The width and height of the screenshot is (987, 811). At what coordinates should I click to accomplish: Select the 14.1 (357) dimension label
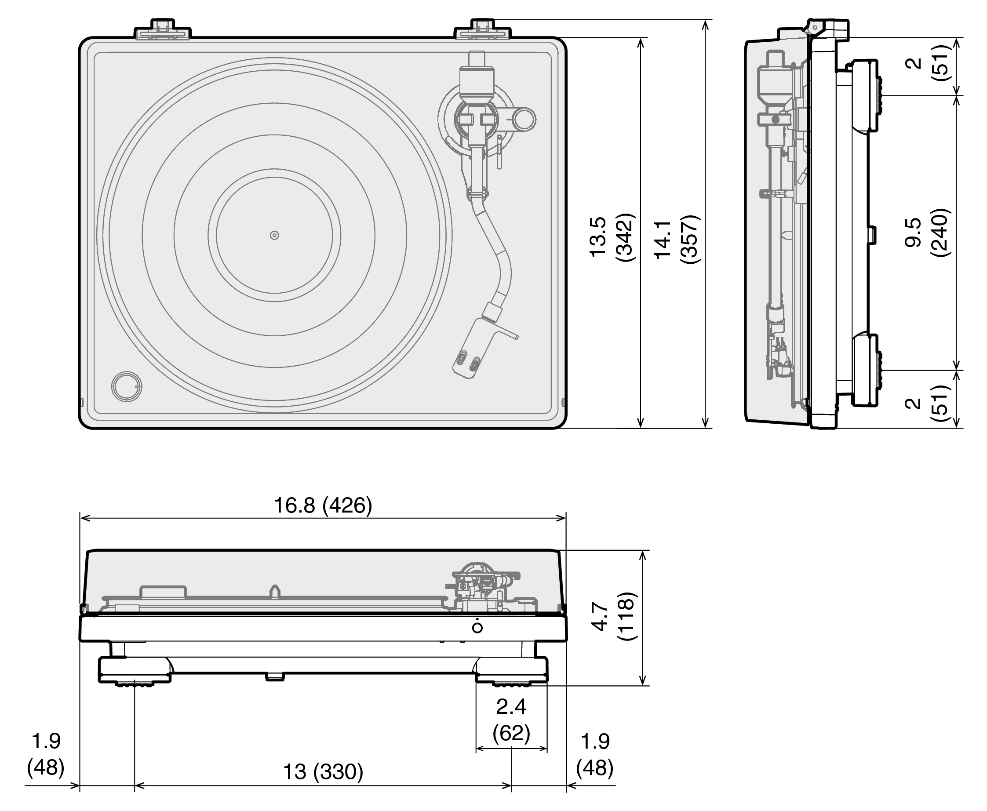coord(676,239)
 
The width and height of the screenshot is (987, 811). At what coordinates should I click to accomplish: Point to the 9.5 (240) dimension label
coord(927,232)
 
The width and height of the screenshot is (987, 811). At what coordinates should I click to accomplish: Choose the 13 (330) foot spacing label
coord(323,771)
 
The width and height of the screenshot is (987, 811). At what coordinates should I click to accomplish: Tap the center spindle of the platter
coord(274,235)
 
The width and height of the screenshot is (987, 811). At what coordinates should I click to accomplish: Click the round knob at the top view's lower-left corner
coord(127,386)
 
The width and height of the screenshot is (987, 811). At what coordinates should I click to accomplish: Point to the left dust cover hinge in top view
coord(163,29)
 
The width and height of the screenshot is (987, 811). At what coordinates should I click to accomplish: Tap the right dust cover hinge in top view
coord(483,29)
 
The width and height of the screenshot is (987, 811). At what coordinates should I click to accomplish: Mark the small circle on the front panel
coord(477,628)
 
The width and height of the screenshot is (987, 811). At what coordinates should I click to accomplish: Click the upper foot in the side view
coord(865,96)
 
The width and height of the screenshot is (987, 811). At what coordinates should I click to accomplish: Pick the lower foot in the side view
coord(865,370)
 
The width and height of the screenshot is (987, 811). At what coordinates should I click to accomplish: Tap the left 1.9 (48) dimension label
coord(46,754)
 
